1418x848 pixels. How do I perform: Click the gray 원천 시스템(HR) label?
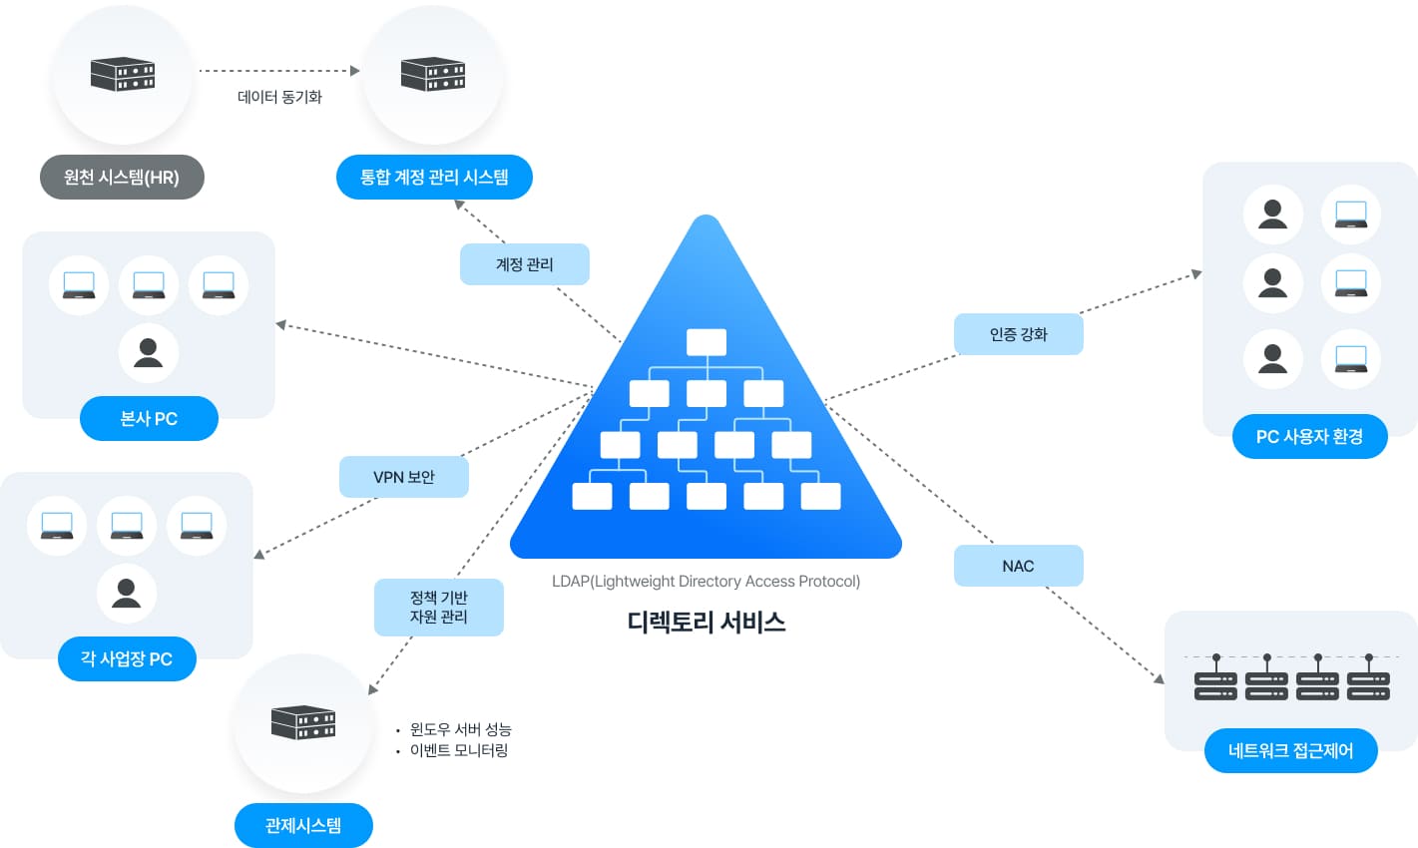(x=122, y=178)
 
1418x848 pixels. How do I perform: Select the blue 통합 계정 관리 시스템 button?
(x=434, y=178)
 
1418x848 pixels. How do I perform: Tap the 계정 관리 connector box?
(x=524, y=264)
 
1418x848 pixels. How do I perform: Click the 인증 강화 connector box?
(x=1018, y=334)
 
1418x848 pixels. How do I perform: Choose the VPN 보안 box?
(x=403, y=477)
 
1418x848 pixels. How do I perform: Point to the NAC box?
(x=1018, y=566)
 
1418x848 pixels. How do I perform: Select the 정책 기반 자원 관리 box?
(x=438, y=608)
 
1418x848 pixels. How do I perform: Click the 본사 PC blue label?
(x=149, y=419)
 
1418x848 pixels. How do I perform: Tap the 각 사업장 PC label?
(x=127, y=659)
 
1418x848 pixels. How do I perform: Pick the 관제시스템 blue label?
(x=303, y=826)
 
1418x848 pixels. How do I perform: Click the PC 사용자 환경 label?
(x=1309, y=437)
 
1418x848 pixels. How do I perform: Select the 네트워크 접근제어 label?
(x=1290, y=751)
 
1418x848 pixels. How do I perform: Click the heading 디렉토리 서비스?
(x=707, y=623)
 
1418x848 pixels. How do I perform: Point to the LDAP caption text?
(x=706, y=582)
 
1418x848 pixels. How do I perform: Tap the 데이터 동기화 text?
(x=279, y=97)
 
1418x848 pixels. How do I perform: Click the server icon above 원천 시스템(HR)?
(x=123, y=74)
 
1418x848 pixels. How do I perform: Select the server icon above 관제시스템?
(x=303, y=721)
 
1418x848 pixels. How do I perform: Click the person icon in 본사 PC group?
(x=149, y=353)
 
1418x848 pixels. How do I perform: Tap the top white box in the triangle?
(x=707, y=342)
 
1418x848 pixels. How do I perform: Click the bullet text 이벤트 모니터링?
(x=459, y=750)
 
